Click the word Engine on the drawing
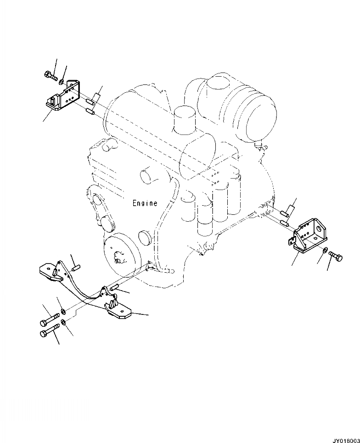(x=145, y=203)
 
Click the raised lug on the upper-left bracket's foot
(x=54, y=99)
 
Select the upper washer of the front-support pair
(x=64, y=313)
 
